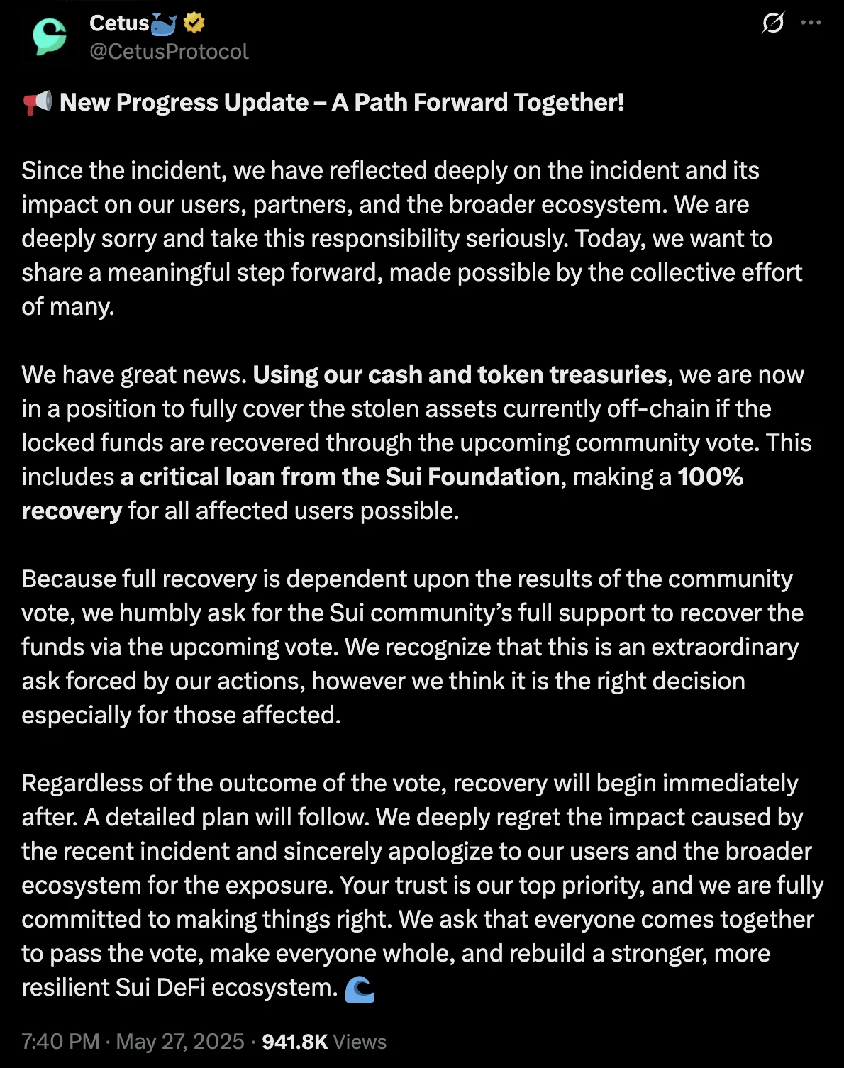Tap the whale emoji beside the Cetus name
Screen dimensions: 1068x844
[x=164, y=24]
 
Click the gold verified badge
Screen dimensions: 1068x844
[x=194, y=23]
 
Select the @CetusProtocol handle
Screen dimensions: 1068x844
[x=169, y=52]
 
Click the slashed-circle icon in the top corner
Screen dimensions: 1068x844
[x=773, y=23]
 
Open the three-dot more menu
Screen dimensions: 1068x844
[x=811, y=23]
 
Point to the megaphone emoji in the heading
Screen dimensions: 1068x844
[x=37, y=103]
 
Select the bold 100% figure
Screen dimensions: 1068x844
[x=710, y=477]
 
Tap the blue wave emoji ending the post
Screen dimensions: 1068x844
[x=360, y=989]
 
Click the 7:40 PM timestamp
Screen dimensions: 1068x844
[x=60, y=1042]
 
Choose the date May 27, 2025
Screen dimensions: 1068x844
[x=180, y=1042]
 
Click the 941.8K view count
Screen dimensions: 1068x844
[x=295, y=1042]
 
